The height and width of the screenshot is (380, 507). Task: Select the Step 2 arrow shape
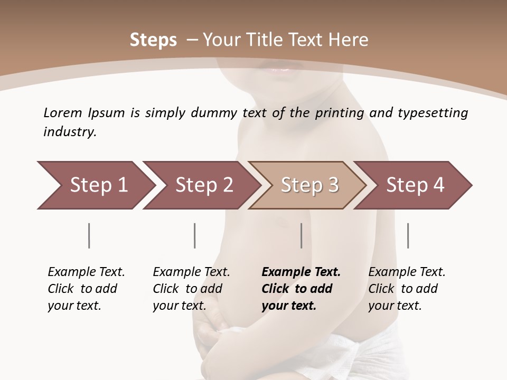[201, 185]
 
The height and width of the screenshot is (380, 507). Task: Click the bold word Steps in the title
[153, 40]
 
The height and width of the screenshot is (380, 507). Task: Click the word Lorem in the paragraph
[63, 112]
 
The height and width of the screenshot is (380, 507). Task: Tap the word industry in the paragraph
[70, 132]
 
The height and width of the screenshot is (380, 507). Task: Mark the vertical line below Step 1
[89, 235]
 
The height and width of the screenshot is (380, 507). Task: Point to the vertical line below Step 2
[195, 235]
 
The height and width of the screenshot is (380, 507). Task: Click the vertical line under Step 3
[301, 235]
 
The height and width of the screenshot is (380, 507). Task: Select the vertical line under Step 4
[408, 235]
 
